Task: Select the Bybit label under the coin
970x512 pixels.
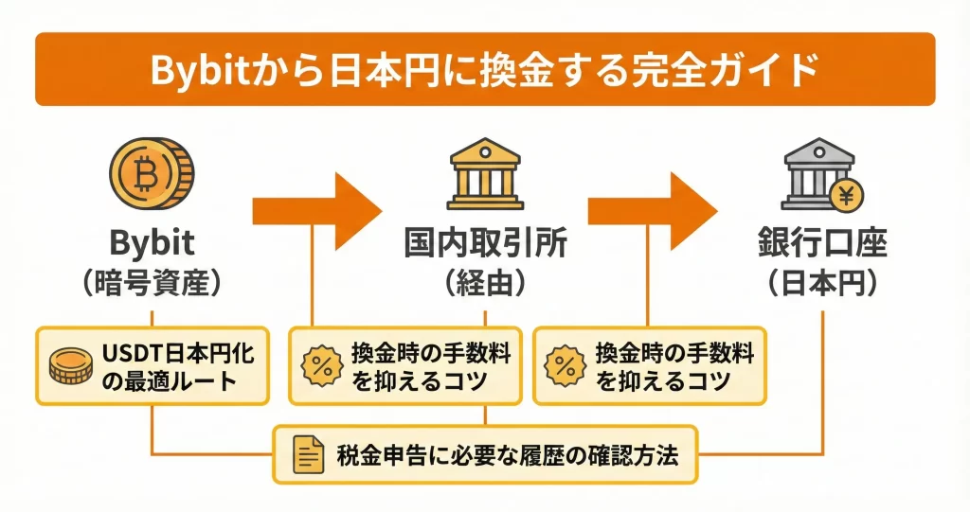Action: [152, 243]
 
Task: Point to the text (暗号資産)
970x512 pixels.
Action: [152, 281]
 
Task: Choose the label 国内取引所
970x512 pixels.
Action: [485, 244]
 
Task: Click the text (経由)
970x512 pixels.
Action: [485, 281]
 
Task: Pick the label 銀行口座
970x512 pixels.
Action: [821, 244]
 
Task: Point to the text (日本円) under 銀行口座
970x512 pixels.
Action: [821, 281]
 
